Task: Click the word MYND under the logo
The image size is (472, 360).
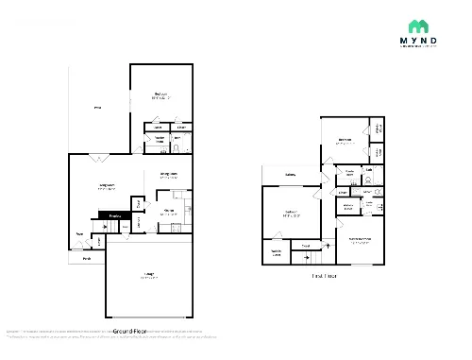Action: click(418, 43)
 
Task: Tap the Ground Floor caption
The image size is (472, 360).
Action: click(130, 332)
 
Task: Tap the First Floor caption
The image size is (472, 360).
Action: click(324, 276)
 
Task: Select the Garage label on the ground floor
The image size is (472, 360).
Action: click(148, 277)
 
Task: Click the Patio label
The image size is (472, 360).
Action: click(97, 109)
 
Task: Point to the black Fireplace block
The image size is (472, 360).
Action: click(114, 216)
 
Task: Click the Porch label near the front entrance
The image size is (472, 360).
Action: click(86, 258)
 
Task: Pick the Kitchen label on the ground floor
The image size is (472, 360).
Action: click(169, 212)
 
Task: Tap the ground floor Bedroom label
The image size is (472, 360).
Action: click(161, 94)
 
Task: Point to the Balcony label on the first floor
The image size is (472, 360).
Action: click(289, 174)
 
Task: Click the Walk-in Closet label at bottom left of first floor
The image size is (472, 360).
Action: click(276, 252)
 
